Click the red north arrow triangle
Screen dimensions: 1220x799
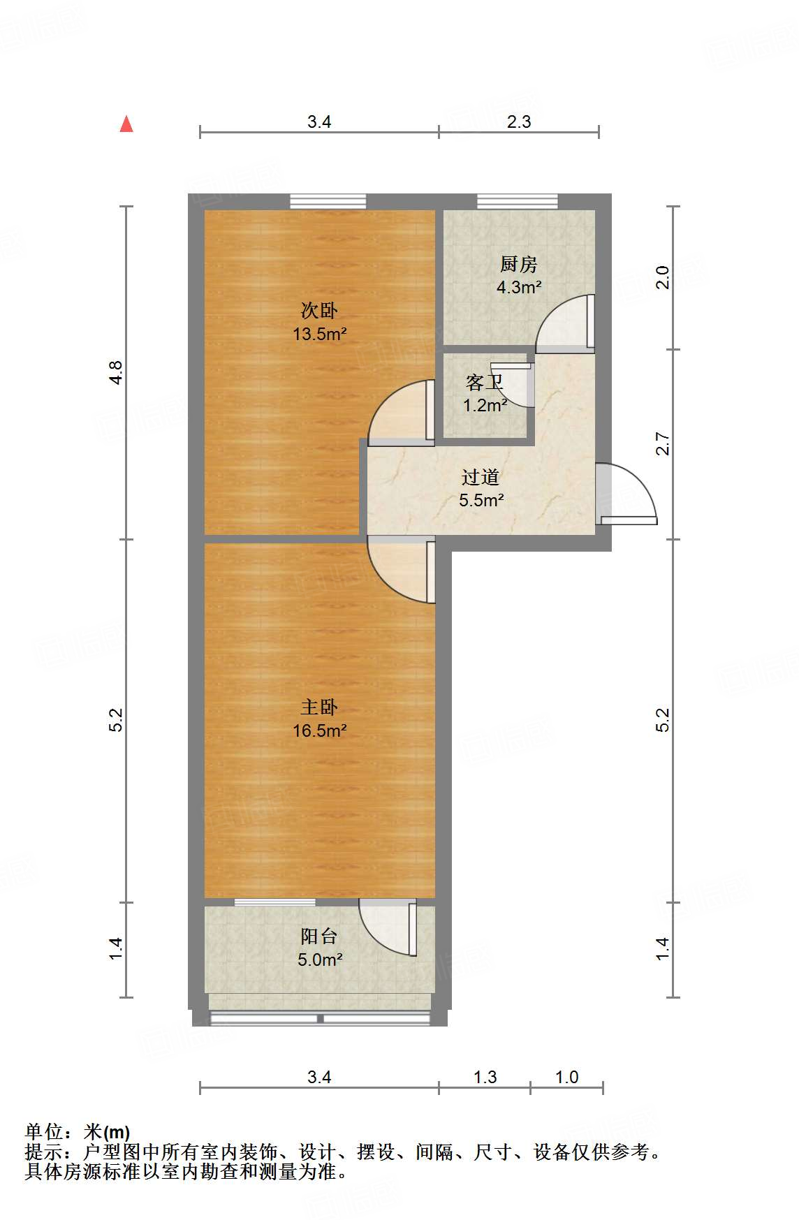pyautogui.click(x=126, y=124)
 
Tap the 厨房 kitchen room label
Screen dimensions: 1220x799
pyautogui.click(x=518, y=265)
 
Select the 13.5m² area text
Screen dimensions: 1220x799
pyautogui.click(x=319, y=334)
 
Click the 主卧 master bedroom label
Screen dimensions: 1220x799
pyautogui.click(x=319, y=707)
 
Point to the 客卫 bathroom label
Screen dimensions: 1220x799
pyautogui.click(x=483, y=383)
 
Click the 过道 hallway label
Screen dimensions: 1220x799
pyautogui.click(x=481, y=478)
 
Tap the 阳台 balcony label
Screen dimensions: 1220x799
pyautogui.click(x=319, y=936)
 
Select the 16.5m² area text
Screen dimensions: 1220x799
pyautogui.click(x=319, y=730)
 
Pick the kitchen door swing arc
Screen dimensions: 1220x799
pyautogui.click(x=564, y=323)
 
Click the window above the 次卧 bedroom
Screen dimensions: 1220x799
pyautogui.click(x=328, y=201)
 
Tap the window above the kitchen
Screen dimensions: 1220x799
pyautogui.click(x=518, y=201)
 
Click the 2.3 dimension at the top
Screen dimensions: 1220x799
pyautogui.click(x=519, y=122)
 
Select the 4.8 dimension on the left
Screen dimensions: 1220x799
pyautogui.click(x=116, y=372)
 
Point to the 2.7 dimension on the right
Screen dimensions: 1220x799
pyautogui.click(x=663, y=445)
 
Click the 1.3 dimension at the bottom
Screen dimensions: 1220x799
pyautogui.click(x=485, y=1077)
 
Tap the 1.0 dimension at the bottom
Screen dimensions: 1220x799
pyautogui.click(x=566, y=1077)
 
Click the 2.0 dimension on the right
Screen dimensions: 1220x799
pyautogui.click(x=663, y=278)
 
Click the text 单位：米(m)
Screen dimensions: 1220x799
pyautogui.click(x=78, y=1132)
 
